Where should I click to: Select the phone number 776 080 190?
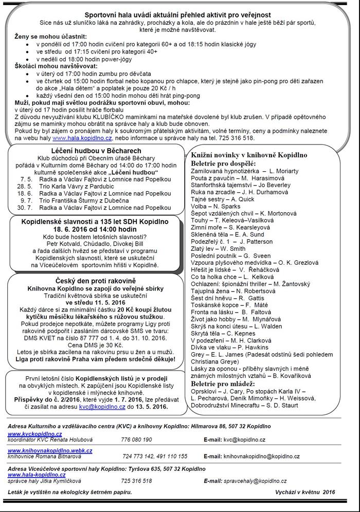136,440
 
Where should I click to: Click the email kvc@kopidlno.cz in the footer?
244,440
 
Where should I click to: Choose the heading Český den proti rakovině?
97,281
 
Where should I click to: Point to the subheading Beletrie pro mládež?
223,383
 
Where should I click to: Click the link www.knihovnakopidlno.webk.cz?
50,450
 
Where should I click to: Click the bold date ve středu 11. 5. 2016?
96,303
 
